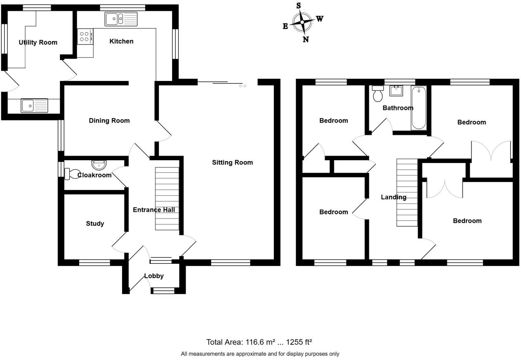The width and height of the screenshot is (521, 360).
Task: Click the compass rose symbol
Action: [302, 22]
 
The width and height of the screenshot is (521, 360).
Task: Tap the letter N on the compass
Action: [306, 40]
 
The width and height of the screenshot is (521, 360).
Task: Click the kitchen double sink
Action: [121, 19]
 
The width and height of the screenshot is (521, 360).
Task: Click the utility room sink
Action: [34, 106]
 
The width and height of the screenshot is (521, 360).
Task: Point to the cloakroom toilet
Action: [73, 173]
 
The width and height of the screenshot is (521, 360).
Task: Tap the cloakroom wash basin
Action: [99, 165]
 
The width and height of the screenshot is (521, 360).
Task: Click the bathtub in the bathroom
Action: [419, 108]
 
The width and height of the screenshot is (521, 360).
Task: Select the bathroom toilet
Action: [377, 94]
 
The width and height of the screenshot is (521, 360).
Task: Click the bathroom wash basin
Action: [396, 90]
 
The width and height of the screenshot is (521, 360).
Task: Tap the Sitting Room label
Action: [232, 162]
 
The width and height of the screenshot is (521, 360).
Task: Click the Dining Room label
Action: [109, 121]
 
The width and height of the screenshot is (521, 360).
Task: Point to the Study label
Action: [95, 223]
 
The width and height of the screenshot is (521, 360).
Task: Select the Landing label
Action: [394, 197]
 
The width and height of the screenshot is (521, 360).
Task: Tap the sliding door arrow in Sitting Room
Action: [243, 86]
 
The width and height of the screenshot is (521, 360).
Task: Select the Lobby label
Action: [154, 276]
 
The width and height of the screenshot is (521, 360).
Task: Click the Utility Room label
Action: [38, 42]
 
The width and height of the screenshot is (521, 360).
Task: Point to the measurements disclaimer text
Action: [260, 354]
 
